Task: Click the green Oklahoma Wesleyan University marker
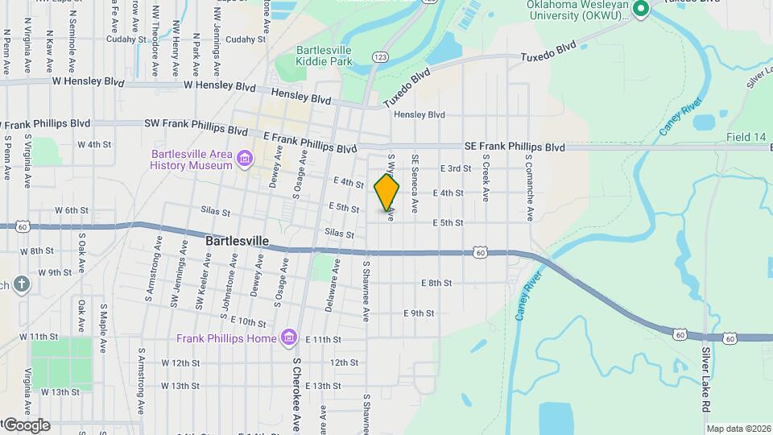641,10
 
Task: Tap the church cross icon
21,284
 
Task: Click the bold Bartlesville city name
237,241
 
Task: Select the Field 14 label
745,138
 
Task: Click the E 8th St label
436,283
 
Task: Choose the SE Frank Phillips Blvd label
515,147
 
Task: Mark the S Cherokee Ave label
296,395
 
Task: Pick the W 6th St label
71,210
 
